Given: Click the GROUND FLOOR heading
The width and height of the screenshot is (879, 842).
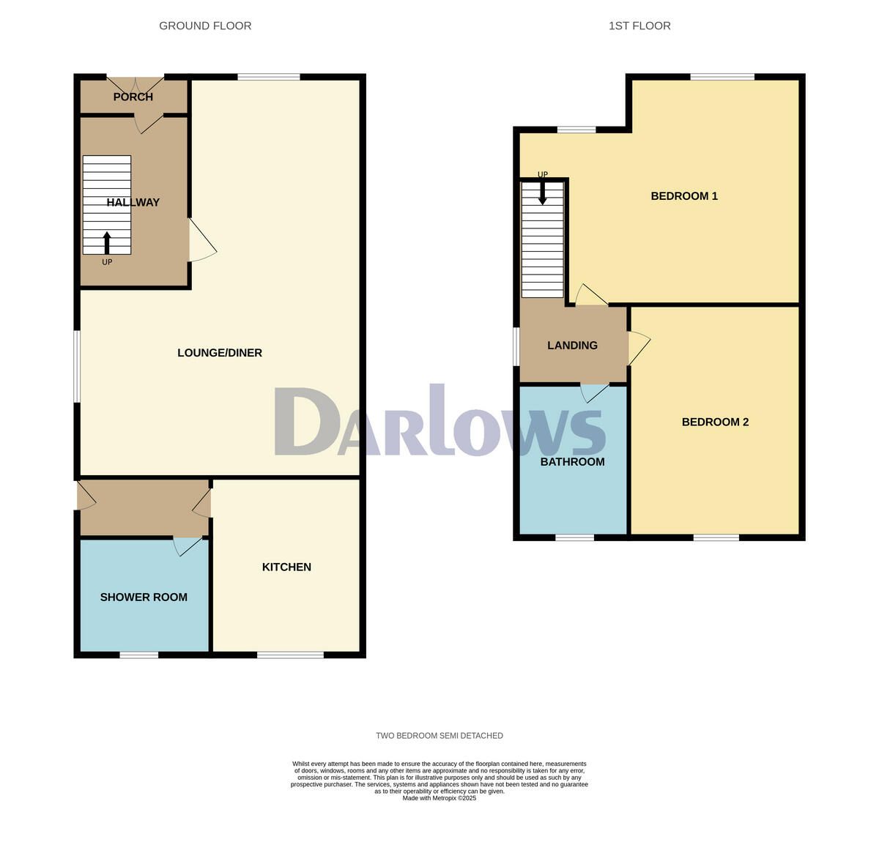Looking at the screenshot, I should pos(205,26).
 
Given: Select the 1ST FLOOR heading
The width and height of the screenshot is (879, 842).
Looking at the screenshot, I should pos(639,26).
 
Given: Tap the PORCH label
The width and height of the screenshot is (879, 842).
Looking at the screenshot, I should pos(133,97).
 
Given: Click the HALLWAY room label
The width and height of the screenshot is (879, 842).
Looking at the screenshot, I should pos(133,203).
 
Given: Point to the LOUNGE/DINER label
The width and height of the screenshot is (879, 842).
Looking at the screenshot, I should pos(220,353).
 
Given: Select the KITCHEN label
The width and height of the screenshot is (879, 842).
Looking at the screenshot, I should pos(286,567).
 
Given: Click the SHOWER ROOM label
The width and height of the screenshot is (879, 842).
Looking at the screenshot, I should pos(144,597).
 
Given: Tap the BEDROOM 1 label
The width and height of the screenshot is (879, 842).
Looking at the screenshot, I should pos(684,196).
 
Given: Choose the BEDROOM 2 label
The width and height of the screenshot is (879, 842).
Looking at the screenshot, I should pos(715,422).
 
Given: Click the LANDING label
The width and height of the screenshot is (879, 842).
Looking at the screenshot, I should pos(572,346).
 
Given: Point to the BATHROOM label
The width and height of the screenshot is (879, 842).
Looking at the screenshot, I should pos(572,462).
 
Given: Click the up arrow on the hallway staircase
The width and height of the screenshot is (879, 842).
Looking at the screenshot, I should pos(107,242).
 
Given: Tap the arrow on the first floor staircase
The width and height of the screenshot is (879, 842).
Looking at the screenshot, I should pos(543,193).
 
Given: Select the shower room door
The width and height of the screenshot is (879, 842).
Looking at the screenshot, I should pos(188,546).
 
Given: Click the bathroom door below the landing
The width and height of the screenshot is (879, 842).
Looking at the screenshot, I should pos(594,392).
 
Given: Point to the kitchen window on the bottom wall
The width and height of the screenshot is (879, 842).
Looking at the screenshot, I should pos(290,655).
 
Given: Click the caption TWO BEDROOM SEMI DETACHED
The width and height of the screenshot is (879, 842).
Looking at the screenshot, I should pos(439,736).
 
